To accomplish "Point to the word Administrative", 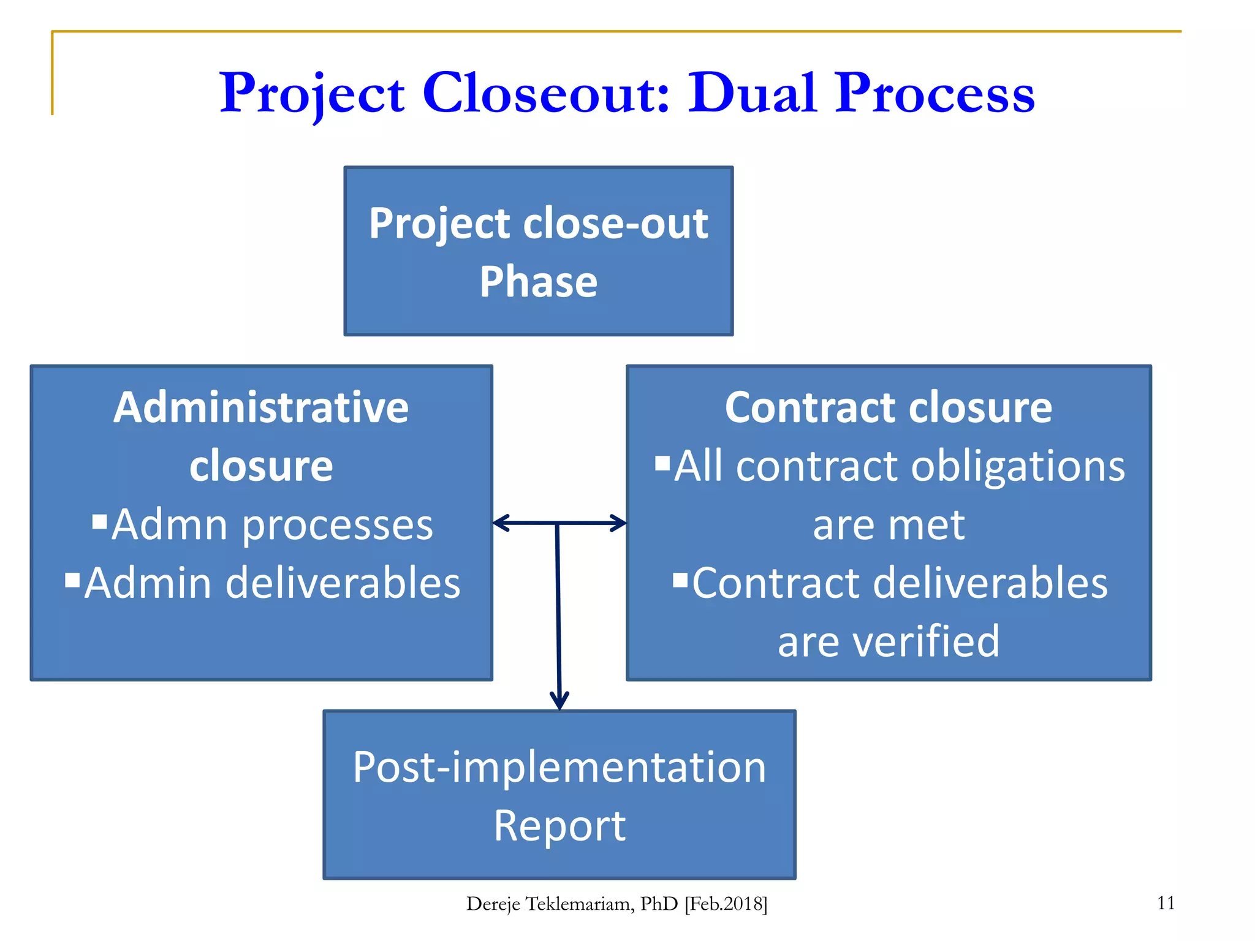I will tap(261, 407).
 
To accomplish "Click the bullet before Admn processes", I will tap(100, 521).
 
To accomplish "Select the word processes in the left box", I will tap(338, 525).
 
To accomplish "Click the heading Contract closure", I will tap(888, 407).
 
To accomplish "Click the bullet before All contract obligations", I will tap(662, 463).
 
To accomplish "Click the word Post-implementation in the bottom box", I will tap(559, 767).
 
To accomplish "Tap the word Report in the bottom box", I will tap(559, 826).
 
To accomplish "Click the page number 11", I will tap(1166, 903).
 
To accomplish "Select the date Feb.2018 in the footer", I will tap(726, 904).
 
